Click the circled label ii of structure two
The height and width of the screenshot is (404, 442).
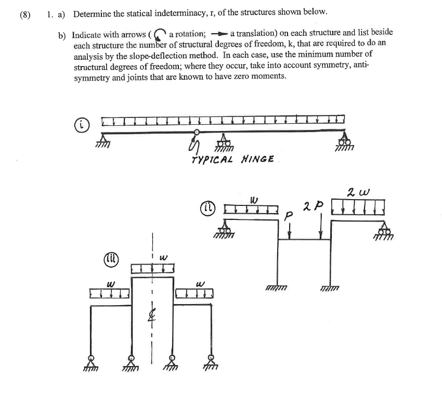coord(207,208)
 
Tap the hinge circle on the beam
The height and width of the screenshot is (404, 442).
coord(197,133)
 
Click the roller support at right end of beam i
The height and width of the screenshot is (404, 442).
coord(344,142)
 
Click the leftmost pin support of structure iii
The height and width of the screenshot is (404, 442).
coord(91,362)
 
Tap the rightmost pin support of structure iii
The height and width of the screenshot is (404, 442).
coord(211,362)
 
